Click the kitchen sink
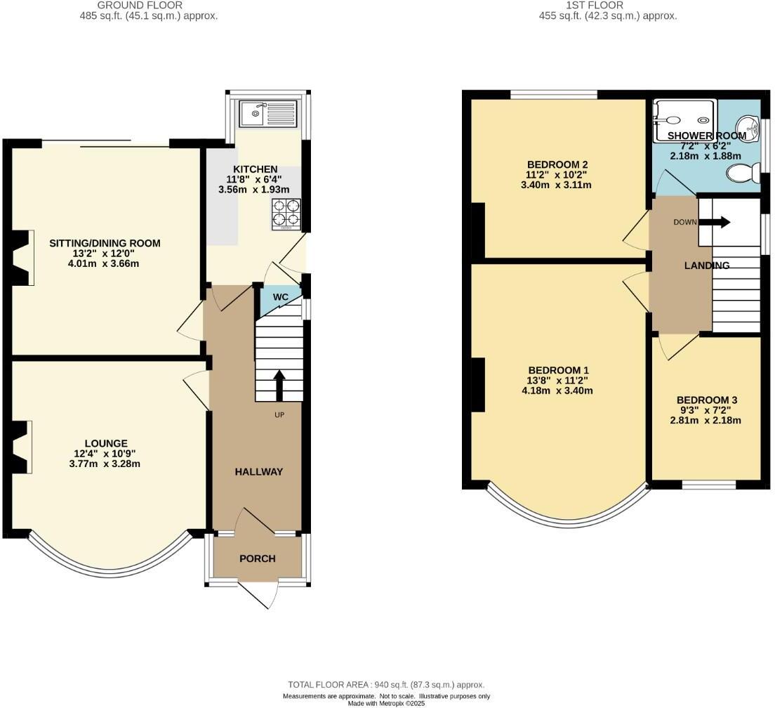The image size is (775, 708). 268,113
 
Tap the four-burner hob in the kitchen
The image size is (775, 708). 287,214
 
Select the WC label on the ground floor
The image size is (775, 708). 281,297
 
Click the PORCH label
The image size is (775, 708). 258,559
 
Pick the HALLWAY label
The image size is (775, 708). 258,472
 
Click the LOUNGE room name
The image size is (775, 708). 106,443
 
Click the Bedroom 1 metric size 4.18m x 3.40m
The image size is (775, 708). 558,391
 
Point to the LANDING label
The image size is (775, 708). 707,265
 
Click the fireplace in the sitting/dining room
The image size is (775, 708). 22,258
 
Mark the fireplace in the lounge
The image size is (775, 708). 22,447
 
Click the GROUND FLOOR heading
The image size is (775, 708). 148,5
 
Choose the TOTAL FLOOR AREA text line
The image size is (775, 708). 386,685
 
